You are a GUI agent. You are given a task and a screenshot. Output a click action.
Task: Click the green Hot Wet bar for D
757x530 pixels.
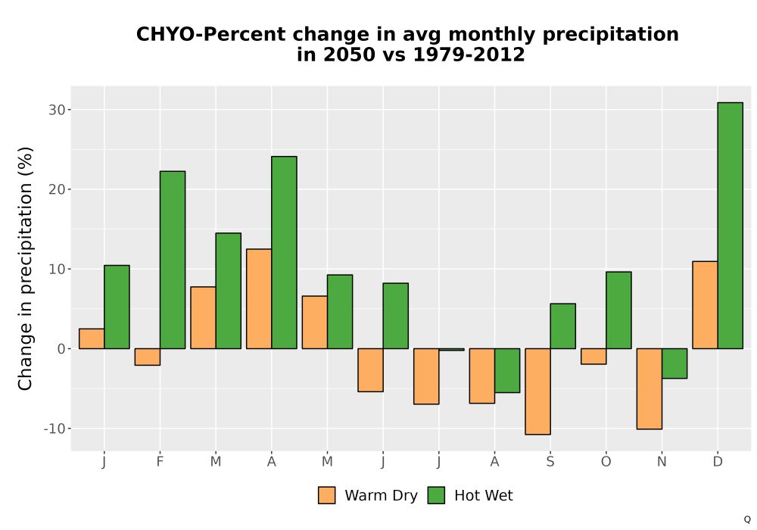coord(730,226)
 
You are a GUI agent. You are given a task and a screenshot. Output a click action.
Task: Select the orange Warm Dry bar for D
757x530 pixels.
coord(705,305)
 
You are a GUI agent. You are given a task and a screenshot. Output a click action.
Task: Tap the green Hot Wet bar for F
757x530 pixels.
coord(173,260)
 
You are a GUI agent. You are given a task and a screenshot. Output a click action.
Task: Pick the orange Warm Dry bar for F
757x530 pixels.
coord(148,357)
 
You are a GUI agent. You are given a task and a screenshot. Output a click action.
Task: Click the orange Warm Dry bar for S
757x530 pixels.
coord(537,391)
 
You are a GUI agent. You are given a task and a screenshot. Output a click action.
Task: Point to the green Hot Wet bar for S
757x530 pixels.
coord(563,326)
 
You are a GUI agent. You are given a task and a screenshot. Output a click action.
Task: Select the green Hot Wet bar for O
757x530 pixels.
coord(618,310)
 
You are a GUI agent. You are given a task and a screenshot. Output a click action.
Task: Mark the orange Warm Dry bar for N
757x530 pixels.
coord(650,388)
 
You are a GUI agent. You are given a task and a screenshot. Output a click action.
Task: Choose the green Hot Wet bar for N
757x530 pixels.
coord(674,363)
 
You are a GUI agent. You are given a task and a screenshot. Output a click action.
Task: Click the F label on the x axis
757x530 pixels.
coord(160,462)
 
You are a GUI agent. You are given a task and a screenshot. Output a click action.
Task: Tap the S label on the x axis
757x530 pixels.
coord(550,462)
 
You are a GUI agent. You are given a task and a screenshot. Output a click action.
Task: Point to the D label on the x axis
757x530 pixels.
coord(718,462)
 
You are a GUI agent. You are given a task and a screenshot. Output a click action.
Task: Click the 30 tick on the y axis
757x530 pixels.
coord(57,110)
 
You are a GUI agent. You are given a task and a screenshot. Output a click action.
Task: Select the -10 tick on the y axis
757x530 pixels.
coord(54,429)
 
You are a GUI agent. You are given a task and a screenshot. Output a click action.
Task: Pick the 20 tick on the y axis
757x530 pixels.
coord(57,190)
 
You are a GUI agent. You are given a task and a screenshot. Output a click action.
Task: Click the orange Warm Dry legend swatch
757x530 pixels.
coord(327,495)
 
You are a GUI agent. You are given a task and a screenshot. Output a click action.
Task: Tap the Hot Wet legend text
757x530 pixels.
coord(483,495)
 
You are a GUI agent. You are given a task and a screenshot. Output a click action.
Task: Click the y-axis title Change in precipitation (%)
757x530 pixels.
coord(25,268)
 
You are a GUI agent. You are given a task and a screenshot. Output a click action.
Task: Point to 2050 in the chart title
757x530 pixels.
coord(348,55)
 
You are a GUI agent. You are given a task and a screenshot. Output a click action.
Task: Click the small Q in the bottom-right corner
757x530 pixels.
coord(747,520)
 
